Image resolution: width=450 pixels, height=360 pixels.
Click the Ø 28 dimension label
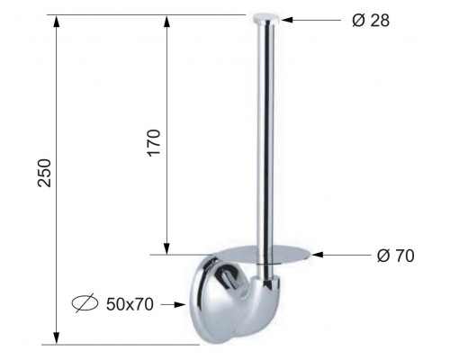coord(371,21)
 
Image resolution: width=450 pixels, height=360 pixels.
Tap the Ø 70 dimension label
coord(395,256)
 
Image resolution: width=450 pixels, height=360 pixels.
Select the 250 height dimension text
coord(45,173)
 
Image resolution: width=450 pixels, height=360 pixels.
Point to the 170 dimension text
coord(154,143)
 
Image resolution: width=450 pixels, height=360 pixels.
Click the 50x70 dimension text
coord(130,304)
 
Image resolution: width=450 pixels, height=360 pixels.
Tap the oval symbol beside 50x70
coord(85,303)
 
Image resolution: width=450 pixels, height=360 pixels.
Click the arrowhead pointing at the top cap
coord(287,20)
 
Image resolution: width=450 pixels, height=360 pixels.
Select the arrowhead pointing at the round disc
coord(317,255)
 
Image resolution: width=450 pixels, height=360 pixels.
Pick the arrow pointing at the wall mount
coord(173,305)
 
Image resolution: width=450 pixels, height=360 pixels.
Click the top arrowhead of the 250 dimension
coord(57,21)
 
